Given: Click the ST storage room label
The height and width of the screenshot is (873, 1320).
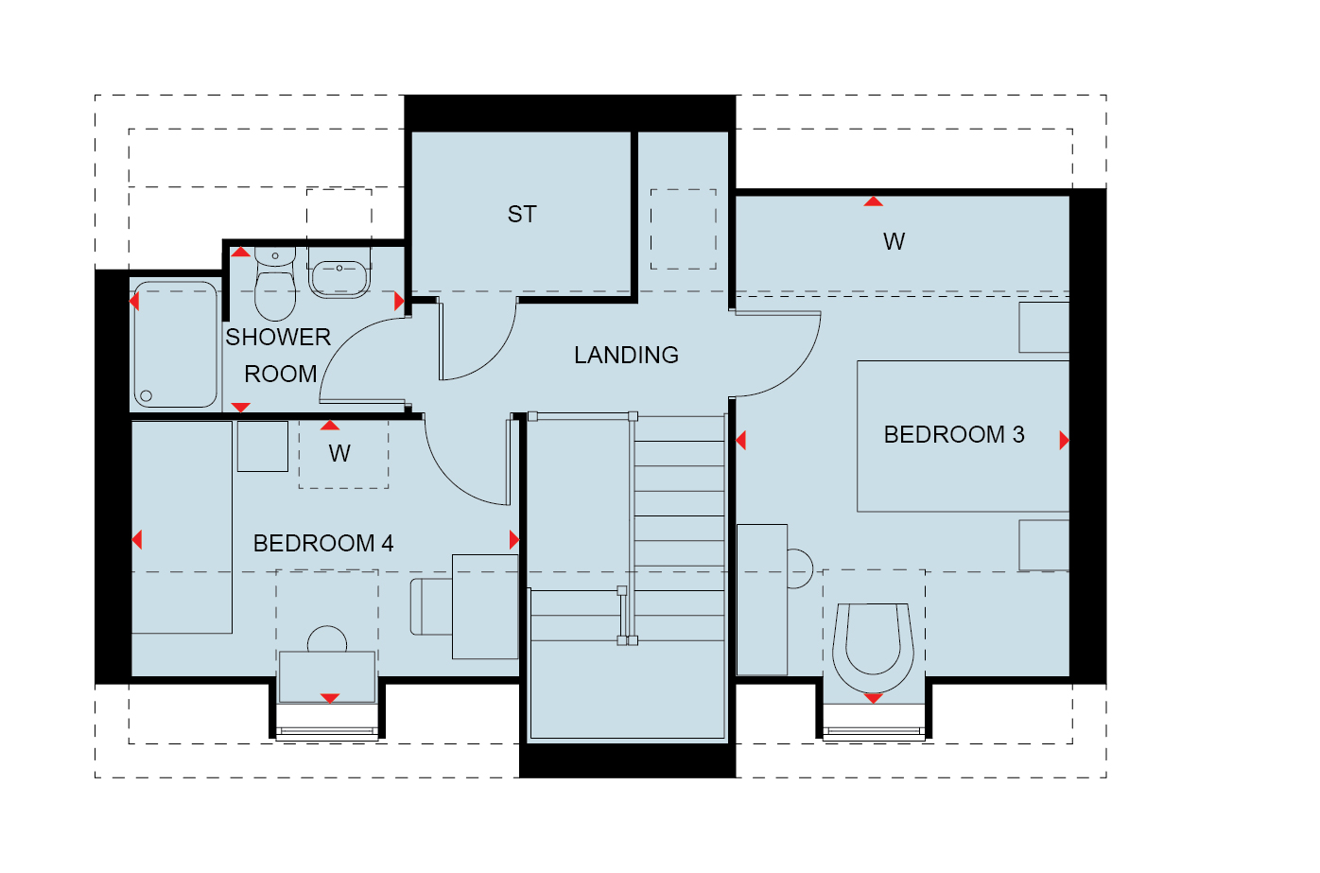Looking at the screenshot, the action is click(522, 215).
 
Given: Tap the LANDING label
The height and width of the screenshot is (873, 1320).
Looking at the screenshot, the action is click(626, 356).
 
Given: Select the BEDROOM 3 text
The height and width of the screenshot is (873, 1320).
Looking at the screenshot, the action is click(954, 435).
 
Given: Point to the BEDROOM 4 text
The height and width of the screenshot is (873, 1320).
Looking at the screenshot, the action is click(323, 544).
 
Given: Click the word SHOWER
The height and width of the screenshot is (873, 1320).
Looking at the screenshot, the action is click(278, 338).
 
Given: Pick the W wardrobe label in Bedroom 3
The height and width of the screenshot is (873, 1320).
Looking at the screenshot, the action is click(894, 242).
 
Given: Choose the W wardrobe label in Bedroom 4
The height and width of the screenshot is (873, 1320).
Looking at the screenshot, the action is click(339, 453).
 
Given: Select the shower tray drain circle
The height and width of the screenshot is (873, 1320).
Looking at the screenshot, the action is click(147, 395).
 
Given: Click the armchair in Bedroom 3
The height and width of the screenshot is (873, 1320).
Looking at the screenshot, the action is click(874, 647).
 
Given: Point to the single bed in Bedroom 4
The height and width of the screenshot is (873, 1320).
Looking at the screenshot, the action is click(182, 528).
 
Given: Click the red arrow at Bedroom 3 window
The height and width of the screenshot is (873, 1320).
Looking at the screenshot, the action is click(873, 699).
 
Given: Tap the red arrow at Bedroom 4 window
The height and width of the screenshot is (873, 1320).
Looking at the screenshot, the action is click(329, 699).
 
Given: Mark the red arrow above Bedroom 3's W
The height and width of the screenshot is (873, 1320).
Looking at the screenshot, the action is click(873, 201).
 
